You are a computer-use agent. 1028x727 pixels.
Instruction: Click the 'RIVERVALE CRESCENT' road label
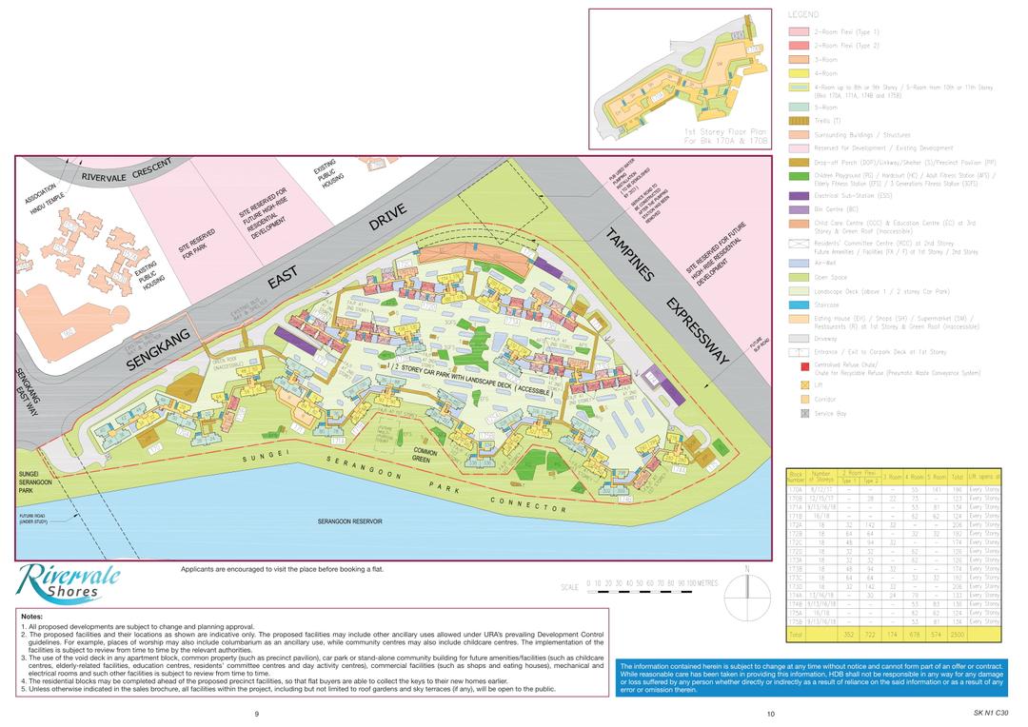126,170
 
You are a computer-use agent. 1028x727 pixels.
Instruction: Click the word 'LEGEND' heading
804,15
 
